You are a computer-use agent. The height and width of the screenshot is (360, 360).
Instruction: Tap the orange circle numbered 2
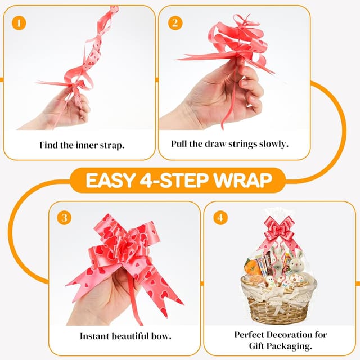point(175,23)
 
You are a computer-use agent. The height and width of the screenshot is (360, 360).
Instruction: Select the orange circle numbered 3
point(66,218)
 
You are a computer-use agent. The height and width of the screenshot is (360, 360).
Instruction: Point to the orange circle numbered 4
point(220,218)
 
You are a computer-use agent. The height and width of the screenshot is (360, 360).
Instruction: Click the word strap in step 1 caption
point(111,145)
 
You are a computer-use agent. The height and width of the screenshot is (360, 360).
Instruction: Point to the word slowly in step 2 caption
point(272,144)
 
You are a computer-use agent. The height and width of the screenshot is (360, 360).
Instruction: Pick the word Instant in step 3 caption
point(93,337)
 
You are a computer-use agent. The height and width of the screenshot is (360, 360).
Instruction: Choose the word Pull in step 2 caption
point(179,144)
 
